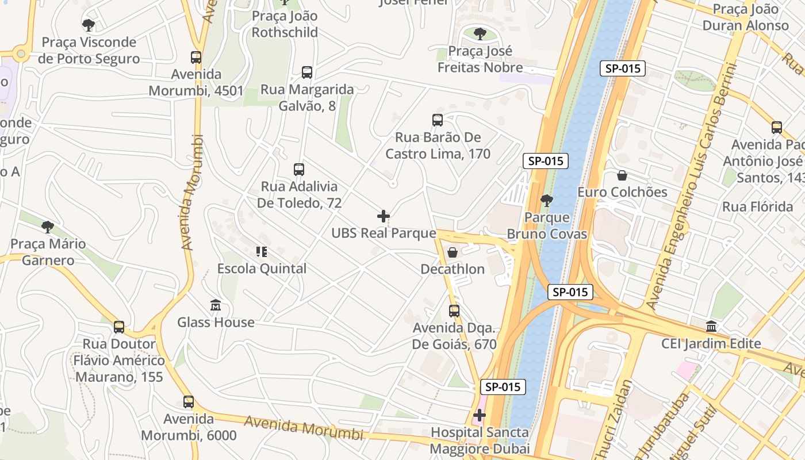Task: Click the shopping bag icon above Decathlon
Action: [453, 252]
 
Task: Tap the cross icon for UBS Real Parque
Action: [384, 216]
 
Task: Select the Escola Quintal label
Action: [262, 269]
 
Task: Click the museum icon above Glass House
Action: [216, 305]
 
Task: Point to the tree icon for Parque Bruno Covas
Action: [546, 201]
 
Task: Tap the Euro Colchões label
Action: [622, 192]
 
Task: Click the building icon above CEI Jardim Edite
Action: [711, 327]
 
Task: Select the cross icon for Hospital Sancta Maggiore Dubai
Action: [480, 415]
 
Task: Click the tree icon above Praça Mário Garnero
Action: [48, 227]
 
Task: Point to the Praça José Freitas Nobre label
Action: [480, 59]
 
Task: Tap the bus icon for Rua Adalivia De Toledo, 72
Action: [298, 170]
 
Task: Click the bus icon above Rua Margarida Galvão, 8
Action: [307, 72]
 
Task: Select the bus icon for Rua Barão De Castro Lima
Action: [438, 120]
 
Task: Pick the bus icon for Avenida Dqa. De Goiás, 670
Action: [454, 311]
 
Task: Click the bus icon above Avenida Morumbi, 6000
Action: [189, 402]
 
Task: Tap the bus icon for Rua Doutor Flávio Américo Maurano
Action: [119, 327]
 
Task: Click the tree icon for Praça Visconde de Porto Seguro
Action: [89, 25]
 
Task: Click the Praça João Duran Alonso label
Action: [745, 17]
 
